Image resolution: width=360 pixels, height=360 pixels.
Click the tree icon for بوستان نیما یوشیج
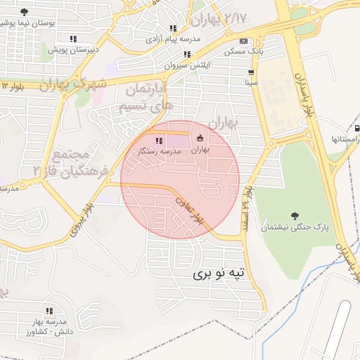click(25, 12)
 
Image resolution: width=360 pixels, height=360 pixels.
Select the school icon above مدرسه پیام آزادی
click(169, 27)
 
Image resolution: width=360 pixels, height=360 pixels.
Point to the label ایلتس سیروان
click(187, 65)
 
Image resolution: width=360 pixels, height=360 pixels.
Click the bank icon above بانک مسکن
click(243, 41)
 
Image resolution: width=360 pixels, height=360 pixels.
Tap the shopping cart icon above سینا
click(251, 72)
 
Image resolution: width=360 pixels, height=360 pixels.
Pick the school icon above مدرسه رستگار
click(157, 141)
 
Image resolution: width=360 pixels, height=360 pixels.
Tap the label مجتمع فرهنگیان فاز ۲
click(62, 162)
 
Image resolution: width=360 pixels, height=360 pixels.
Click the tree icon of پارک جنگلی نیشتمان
click(295, 215)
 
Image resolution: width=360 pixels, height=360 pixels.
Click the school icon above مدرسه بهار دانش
click(49, 310)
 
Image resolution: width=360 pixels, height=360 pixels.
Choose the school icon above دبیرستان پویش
click(73, 39)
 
